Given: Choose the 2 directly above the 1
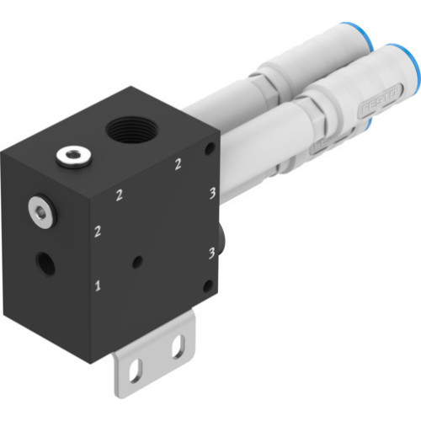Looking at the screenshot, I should (x=99, y=230).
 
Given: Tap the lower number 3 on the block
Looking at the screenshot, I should (x=211, y=251).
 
